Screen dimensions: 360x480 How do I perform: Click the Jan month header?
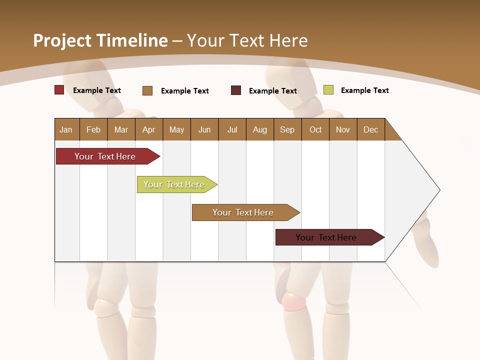pyautogui.click(x=66, y=129)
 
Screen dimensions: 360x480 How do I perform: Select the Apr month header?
pyautogui.click(x=148, y=129)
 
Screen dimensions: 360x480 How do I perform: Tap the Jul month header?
pyautogui.click(x=232, y=129)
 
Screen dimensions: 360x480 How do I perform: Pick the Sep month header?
pyautogui.click(x=287, y=129)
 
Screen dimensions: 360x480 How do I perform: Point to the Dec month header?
pyautogui.click(x=370, y=129)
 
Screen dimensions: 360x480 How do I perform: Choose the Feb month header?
pyautogui.click(x=93, y=129)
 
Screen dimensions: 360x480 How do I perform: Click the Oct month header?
pyautogui.click(x=315, y=129)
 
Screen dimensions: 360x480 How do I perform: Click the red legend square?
pyautogui.click(x=59, y=90)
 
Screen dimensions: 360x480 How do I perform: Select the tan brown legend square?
pyautogui.click(x=147, y=90)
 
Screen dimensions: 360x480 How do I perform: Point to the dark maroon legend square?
pyautogui.click(x=236, y=90)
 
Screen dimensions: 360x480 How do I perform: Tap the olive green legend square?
pyautogui.click(x=328, y=90)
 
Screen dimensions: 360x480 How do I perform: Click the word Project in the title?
pyautogui.click(x=62, y=40)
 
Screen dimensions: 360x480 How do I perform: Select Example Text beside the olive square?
pyautogui.click(x=364, y=90)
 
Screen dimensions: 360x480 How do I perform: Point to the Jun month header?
pyautogui.click(x=204, y=129)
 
